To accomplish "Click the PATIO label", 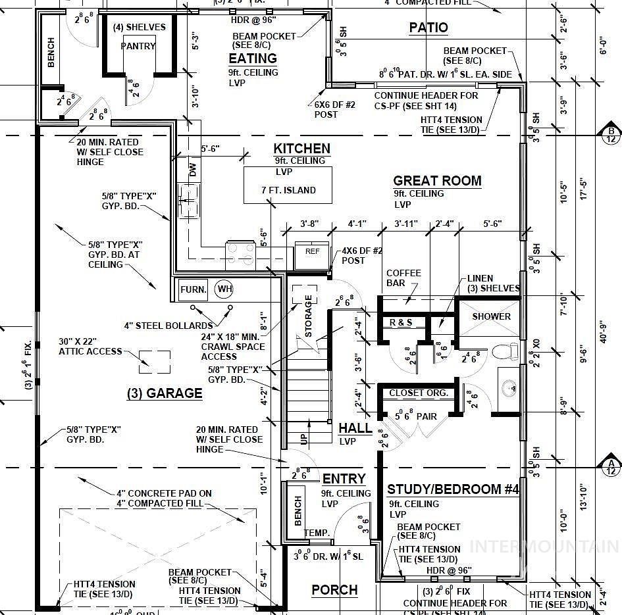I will coord(428,28).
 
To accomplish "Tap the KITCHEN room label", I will coord(301,149).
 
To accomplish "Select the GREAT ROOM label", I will coord(437,181).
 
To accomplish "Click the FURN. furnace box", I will coord(194,289).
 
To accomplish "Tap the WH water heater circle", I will coord(224,289).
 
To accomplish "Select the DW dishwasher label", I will coord(193,171).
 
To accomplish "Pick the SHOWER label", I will coord(491,316).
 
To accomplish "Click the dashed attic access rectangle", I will coord(155,361).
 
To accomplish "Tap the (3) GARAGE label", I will coord(165,393).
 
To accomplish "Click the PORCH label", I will coord(334,589).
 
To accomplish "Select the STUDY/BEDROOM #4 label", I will coord(453,489).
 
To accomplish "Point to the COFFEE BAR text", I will coord(403,278).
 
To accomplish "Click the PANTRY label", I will coord(138,46).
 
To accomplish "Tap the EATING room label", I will coord(253,59).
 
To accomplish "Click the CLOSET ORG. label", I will coord(419,393).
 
